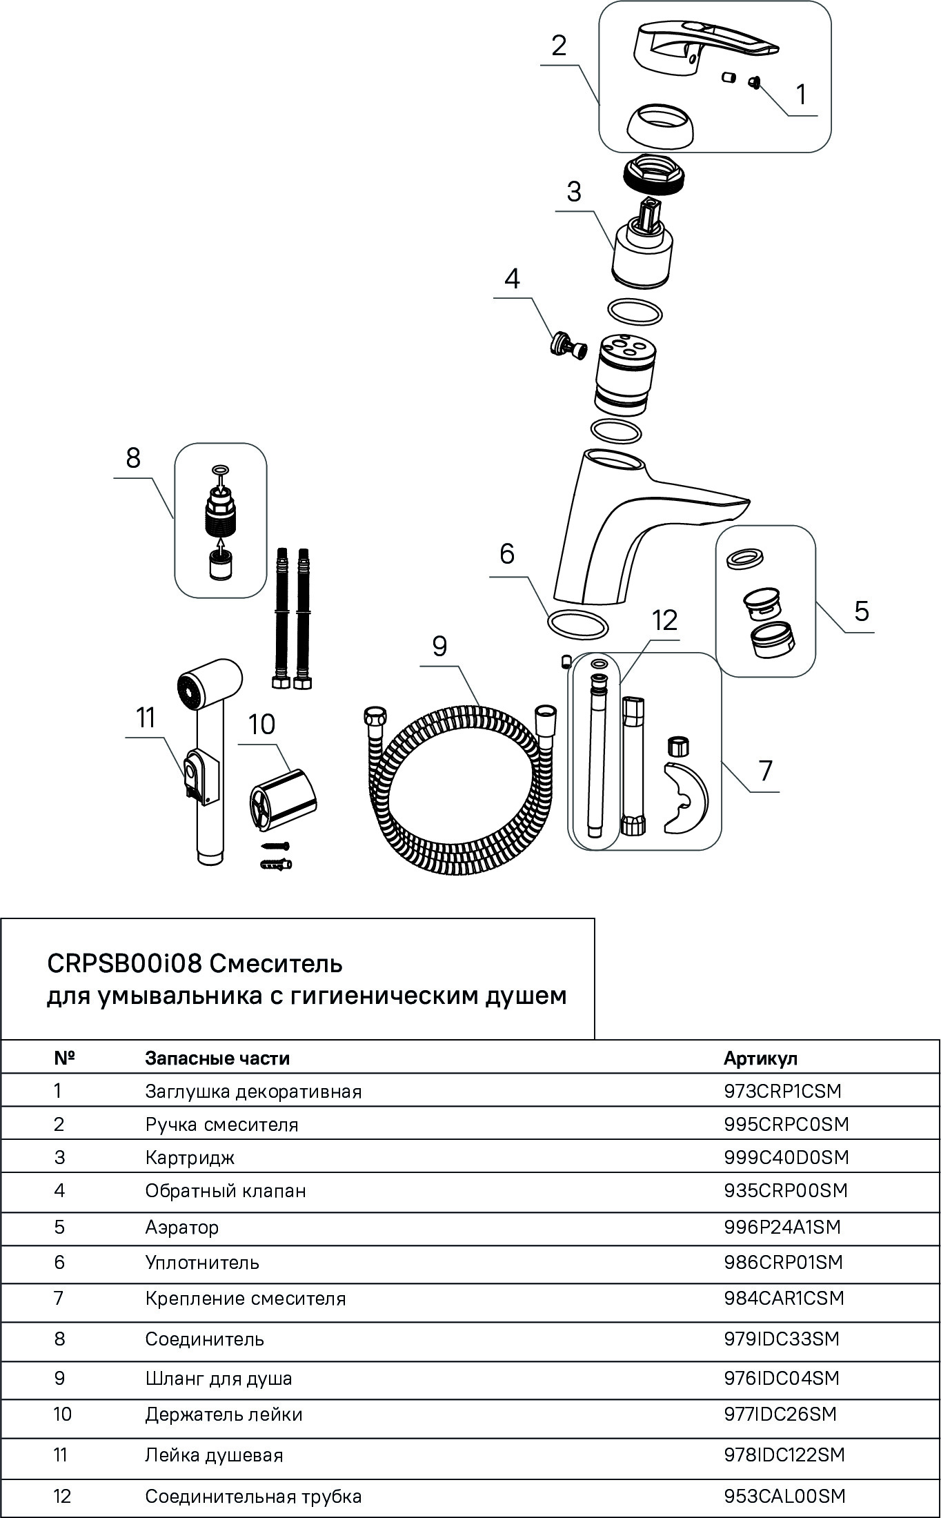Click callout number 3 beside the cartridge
pos(574,192)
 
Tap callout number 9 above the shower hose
pos(439,646)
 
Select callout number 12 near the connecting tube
pos(665,621)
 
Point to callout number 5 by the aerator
pos(861,611)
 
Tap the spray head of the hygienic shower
pos(207,684)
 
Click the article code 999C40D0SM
pos(786,1157)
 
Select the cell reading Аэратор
pos(181,1228)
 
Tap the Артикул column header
pos(760,1058)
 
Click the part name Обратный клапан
pos(225,1191)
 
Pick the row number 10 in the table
pos(62,1414)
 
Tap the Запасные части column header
pos(217,1058)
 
